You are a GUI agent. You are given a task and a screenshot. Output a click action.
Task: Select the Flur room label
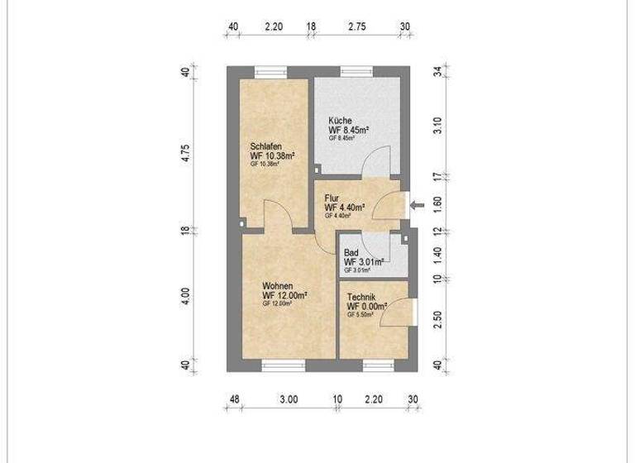332,198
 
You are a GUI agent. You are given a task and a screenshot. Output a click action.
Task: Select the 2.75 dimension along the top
357,26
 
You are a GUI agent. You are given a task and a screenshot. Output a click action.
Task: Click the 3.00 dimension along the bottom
288,400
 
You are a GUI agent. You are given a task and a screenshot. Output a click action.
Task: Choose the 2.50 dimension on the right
437,318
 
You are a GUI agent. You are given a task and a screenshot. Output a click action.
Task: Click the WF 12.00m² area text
285,295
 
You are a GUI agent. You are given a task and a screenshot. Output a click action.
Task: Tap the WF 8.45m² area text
348,130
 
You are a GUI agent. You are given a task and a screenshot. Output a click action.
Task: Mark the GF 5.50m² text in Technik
361,315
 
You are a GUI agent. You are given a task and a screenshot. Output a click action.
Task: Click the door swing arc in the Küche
377,158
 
